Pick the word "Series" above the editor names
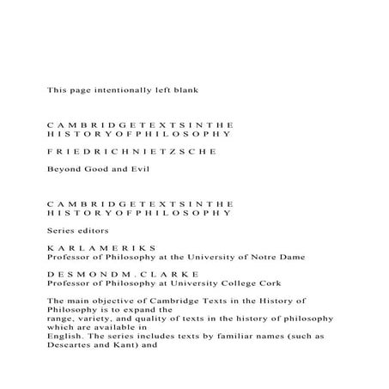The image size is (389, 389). [x=60, y=231]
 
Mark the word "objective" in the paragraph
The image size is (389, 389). [x=109, y=301]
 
